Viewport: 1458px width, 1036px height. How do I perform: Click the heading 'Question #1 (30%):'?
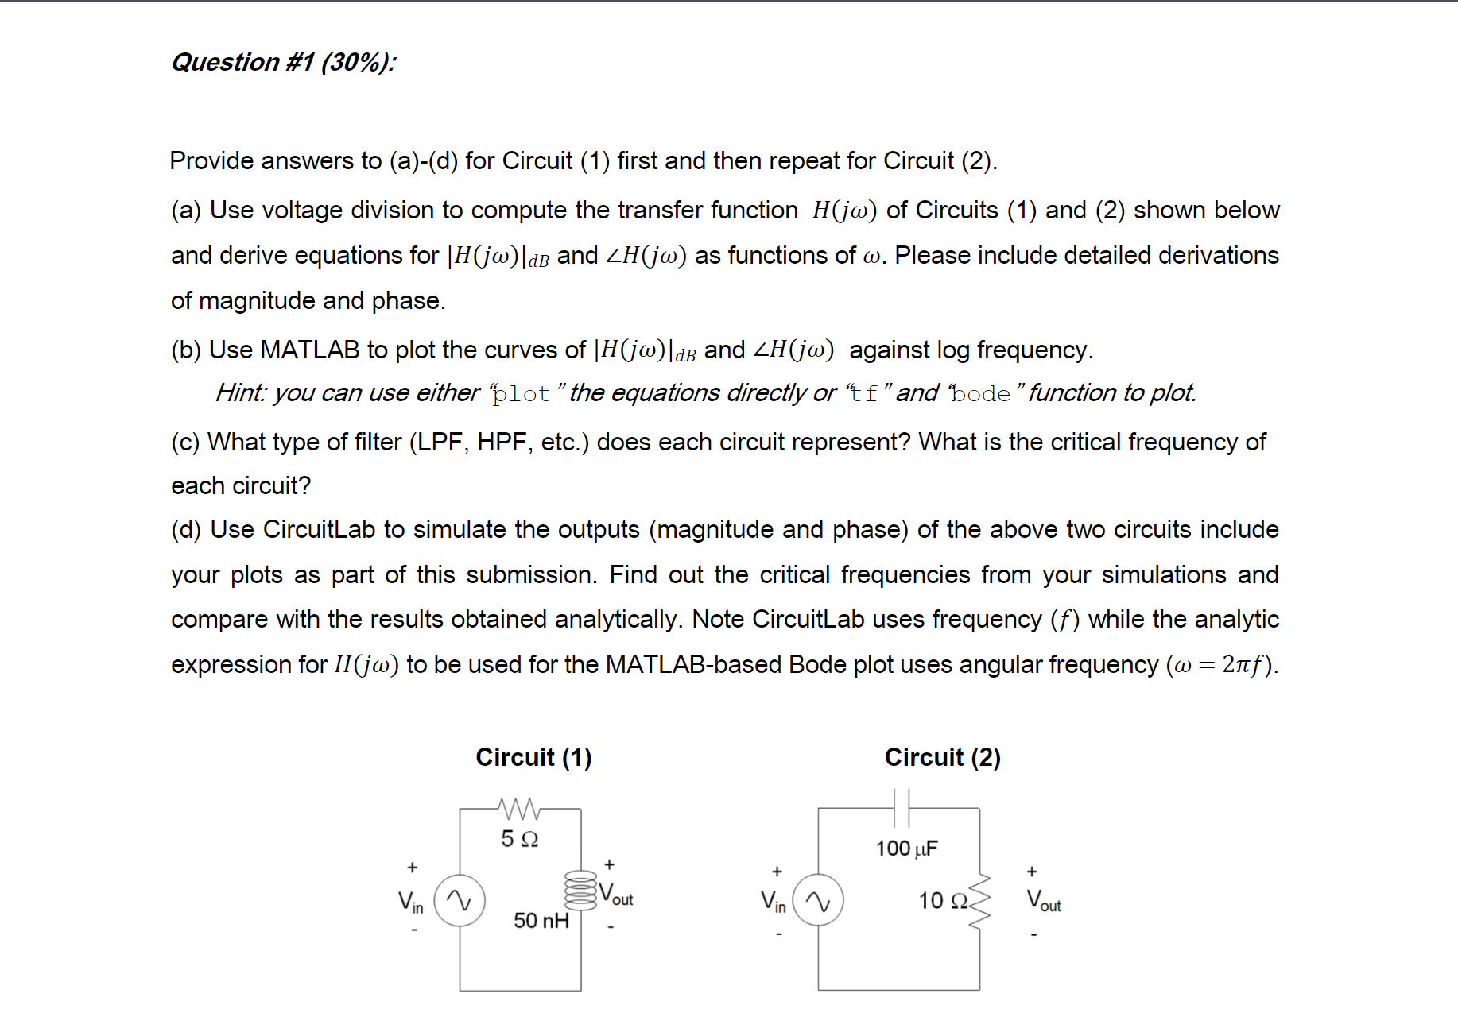[x=283, y=62]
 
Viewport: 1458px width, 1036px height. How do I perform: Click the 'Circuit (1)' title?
[x=533, y=757]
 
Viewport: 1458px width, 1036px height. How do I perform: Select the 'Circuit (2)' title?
[x=942, y=757]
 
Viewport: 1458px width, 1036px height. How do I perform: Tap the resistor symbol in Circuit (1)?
[x=519, y=809]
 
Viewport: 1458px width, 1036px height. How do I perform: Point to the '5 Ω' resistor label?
[x=519, y=839]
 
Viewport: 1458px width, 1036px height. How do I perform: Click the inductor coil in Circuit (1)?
[x=580, y=890]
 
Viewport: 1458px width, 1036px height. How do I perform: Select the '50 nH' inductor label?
[x=541, y=921]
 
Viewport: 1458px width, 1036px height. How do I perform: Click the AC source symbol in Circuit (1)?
[x=460, y=900]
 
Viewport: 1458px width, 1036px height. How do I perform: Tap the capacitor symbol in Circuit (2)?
[x=901, y=808]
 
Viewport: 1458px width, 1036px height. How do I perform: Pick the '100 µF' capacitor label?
[x=906, y=849]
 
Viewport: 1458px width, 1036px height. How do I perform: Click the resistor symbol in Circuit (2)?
[x=980, y=902]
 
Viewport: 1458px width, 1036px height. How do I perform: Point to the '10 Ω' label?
[x=943, y=901]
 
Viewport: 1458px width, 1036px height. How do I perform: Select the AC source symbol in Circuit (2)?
[x=818, y=900]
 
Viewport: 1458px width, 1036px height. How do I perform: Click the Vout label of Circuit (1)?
[x=616, y=895]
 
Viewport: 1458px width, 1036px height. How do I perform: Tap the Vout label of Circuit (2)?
[x=1044, y=901]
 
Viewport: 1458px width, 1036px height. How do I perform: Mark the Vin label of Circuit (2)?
[x=773, y=902]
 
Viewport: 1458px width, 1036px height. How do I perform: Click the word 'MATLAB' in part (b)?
[x=310, y=350]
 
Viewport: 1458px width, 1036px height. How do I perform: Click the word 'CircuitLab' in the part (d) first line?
[x=319, y=530]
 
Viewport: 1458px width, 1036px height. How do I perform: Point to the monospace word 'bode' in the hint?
[x=981, y=394]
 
